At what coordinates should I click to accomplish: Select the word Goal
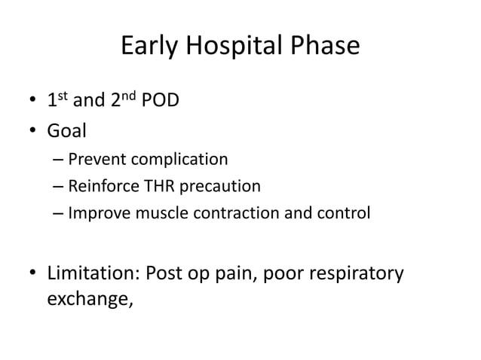pyautogui.click(x=67, y=130)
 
